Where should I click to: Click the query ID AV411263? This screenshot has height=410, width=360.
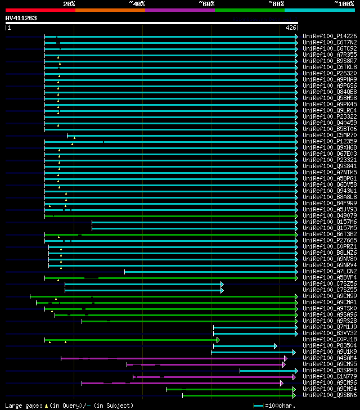(21, 18)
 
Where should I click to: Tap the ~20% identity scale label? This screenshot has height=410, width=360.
(69, 3)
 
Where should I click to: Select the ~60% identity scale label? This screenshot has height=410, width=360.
(206, 3)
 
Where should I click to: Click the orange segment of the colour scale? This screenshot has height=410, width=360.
(110, 10)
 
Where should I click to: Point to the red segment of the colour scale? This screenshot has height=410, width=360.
(40, 10)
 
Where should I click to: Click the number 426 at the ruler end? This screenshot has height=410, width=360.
(291, 28)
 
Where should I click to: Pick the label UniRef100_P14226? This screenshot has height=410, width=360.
(329, 36)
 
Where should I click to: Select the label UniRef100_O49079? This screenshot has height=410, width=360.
(329, 215)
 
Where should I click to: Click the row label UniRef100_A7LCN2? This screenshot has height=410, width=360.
(329, 271)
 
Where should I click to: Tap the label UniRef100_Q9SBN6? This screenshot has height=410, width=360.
(329, 395)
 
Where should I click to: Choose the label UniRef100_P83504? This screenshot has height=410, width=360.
(329, 345)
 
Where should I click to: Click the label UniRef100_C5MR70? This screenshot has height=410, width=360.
(329, 135)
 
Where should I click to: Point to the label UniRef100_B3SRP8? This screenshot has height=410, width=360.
(329, 370)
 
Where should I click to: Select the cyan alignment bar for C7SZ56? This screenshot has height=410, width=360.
(141, 283)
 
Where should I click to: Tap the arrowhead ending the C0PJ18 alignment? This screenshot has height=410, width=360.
(218, 339)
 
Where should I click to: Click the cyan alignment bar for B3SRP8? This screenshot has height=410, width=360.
(267, 370)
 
